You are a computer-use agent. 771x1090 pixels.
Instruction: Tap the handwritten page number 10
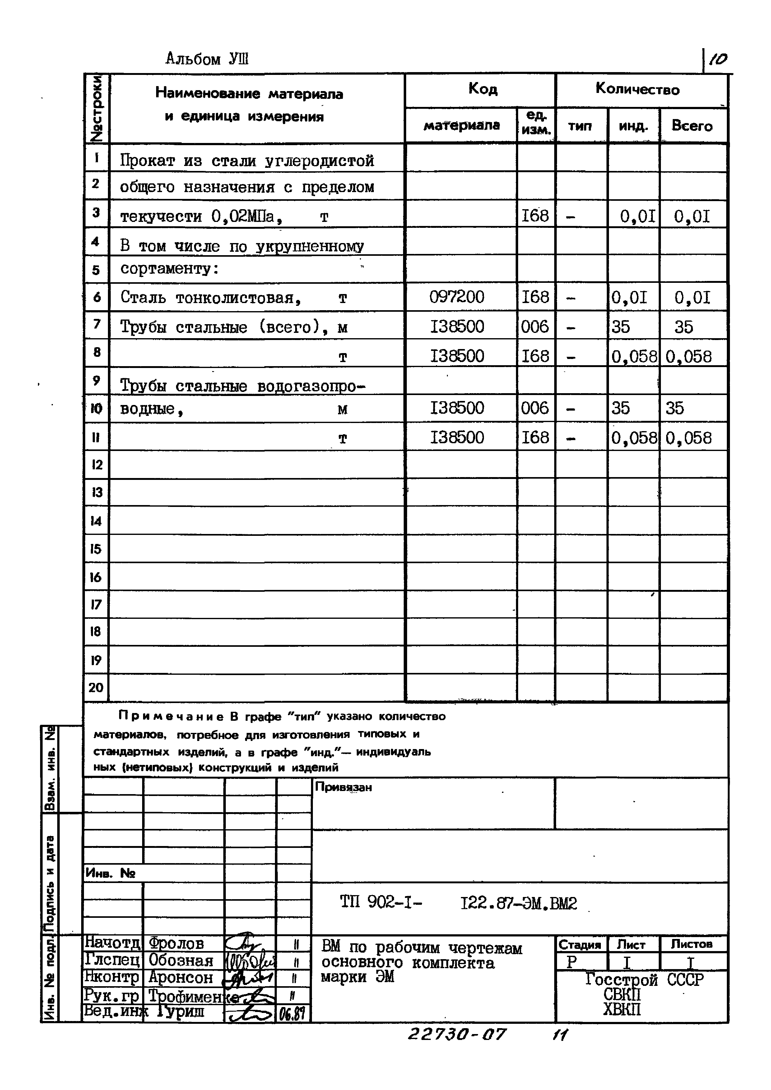click(x=718, y=59)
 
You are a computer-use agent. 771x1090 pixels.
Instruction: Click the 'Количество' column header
click(x=637, y=89)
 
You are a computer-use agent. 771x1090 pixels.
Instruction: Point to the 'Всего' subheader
click(x=692, y=126)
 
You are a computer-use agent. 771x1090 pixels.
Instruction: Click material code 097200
click(x=457, y=297)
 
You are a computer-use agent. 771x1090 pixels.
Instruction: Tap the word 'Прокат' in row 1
click(x=147, y=161)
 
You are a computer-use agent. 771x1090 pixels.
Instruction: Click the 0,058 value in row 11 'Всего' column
click(x=688, y=438)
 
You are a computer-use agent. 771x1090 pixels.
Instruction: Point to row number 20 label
click(x=96, y=688)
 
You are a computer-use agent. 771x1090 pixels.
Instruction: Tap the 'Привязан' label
click(x=343, y=787)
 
